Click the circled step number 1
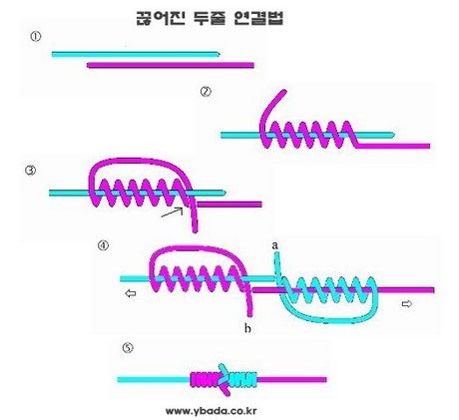click(36, 36)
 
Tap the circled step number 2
click(206, 92)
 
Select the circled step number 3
click(31, 171)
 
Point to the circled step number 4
click(103, 245)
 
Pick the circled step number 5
click(128, 348)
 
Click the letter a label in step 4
click(275, 245)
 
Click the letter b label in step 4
click(247, 328)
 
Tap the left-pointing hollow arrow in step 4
click(131, 293)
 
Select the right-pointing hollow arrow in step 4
click(407, 303)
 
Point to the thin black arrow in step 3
click(173, 212)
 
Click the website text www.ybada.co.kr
click(211, 411)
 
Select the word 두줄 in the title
click(210, 18)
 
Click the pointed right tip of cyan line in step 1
click(220, 54)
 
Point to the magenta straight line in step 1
click(171, 65)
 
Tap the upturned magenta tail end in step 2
click(284, 91)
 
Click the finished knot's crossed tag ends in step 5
click(225, 379)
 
